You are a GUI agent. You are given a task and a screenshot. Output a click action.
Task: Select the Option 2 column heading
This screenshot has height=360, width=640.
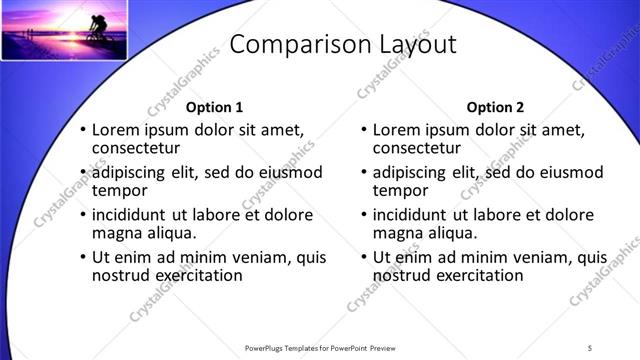tap(494, 107)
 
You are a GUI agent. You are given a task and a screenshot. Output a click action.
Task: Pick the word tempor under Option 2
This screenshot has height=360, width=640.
tap(401, 191)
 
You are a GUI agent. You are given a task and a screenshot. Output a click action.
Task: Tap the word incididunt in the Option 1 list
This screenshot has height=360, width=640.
tap(134, 215)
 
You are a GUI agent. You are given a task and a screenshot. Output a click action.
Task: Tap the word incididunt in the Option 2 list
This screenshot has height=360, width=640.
tap(415, 215)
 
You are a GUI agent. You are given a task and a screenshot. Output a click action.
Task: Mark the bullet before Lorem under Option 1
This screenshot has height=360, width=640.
tap(82, 130)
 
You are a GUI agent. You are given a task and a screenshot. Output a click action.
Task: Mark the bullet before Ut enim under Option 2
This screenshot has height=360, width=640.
tap(363, 257)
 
